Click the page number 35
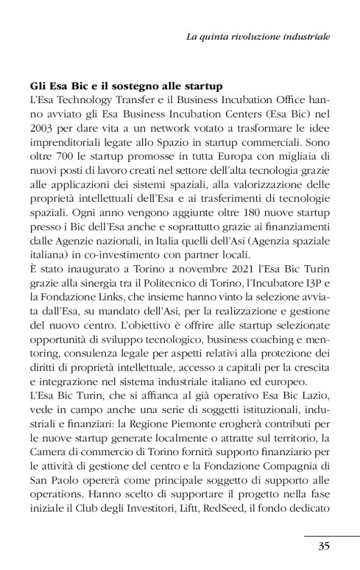tap(323, 546)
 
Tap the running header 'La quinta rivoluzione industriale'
tap(258, 37)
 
